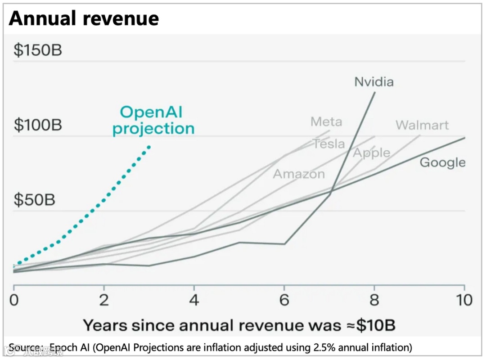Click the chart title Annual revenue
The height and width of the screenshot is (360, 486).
point(84,18)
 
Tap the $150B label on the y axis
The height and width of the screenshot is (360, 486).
point(38,50)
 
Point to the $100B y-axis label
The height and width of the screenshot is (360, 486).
point(38,125)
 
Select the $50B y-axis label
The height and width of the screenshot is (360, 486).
point(34,199)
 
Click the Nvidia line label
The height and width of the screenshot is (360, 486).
point(374,81)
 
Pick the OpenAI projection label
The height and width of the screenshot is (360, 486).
point(153,121)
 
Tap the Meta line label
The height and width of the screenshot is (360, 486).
point(326,121)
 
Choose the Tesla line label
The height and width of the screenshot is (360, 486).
point(329,144)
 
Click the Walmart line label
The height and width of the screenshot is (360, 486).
point(422,125)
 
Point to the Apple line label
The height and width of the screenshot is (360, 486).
point(371,153)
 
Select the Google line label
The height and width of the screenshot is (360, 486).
point(442,162)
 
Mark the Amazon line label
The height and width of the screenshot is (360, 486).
point(299,174)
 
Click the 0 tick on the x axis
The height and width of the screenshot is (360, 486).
point(14,300)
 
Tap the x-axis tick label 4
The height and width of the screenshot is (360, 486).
point(194,300)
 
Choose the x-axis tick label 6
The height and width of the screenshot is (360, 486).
point(284,300)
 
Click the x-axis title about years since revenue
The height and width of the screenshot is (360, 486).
point(239,325)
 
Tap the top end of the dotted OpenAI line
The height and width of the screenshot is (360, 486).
point(149,147)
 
